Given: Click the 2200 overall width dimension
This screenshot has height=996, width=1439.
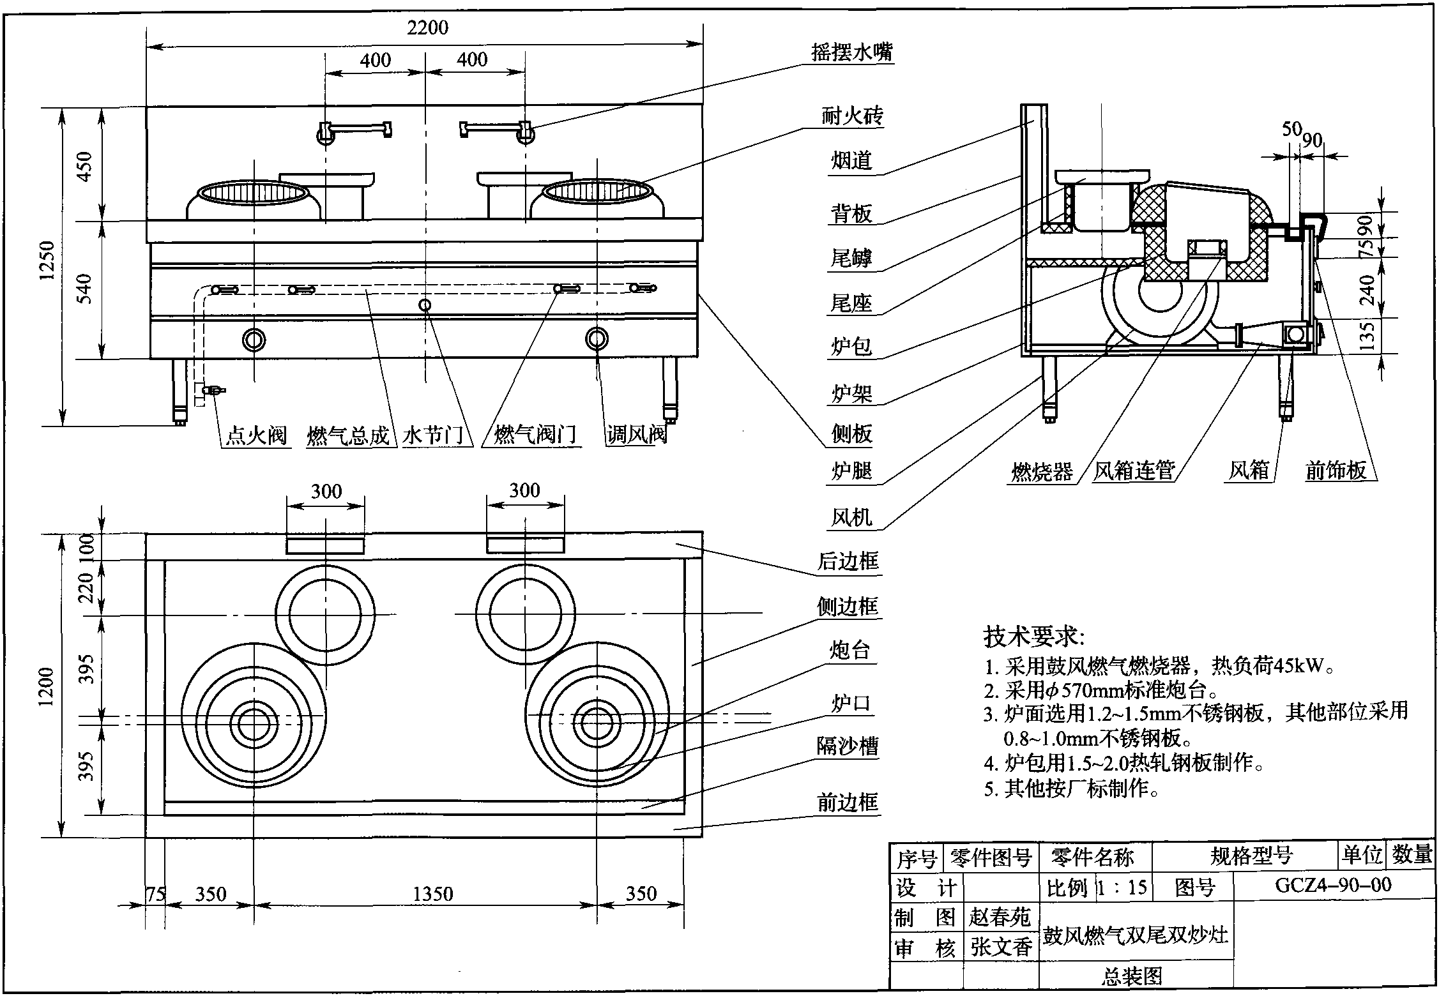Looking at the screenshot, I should [x=427, y=28].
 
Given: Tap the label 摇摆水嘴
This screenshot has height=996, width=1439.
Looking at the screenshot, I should [x=851, y=52].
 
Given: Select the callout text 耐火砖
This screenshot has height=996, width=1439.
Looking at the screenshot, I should [x=852, y=116].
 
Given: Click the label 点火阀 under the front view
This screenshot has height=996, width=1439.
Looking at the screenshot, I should [x=256, y=436].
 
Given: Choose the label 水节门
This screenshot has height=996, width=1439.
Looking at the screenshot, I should [x=433, y=436].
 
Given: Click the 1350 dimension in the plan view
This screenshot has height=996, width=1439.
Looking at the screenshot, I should [x=432, y=893].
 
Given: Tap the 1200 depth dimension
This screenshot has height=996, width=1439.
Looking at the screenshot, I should [x=46, y=687].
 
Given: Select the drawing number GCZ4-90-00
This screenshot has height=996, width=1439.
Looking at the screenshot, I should [x=1333, y=885].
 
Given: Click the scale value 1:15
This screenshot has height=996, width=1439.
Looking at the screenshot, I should [x=1122, y=887].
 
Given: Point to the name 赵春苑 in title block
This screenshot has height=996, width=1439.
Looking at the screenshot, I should [x=1000, y=917].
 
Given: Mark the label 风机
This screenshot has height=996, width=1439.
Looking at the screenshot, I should [x=851, y=517].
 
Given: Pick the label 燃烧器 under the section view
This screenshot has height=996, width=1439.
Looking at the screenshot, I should [x=1042, y=472].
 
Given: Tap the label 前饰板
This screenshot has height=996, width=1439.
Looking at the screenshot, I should [x=1336, y=471].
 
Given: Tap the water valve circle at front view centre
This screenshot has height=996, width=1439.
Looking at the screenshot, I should [x=425, y=305].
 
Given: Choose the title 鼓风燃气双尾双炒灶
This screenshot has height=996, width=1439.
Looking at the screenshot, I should [x=1136, y=935].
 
